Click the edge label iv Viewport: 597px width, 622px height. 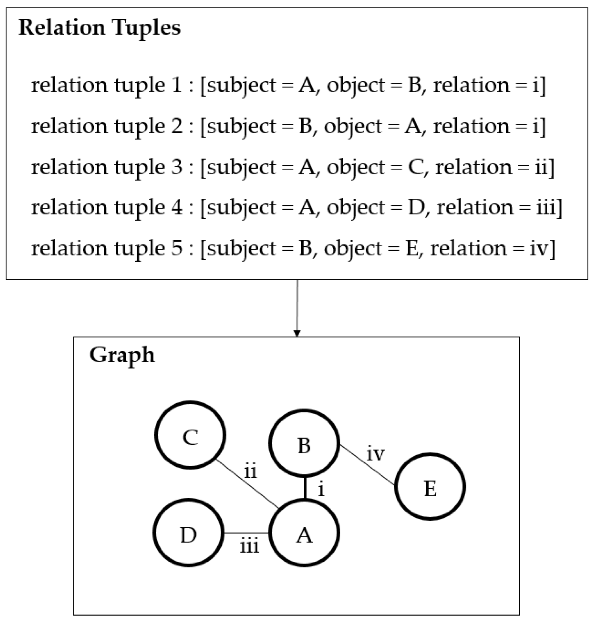coord(375,454)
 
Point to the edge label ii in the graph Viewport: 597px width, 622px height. coord(250,471)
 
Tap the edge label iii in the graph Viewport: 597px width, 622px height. coord(250,546)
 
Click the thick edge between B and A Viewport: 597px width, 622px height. coord(305,488)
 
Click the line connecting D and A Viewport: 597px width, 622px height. coord(247,533)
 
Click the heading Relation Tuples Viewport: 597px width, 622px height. coord(100,28)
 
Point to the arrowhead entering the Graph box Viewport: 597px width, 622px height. coord(297,333)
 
